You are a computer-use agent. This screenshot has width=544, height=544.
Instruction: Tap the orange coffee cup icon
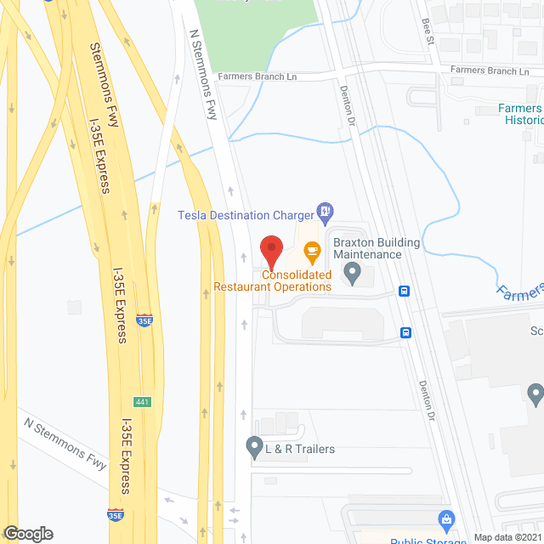(x=312, y=250)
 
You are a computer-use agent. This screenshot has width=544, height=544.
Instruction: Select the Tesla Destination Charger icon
(x=324, y=211)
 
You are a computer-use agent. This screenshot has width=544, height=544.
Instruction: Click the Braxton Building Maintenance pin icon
(x=352, y=273)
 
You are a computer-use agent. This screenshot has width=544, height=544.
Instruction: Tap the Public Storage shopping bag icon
(x=445, y=518)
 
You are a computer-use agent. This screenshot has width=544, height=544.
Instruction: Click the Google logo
(x=28, y=534)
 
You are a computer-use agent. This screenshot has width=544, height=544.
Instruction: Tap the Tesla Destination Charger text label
(x=245, y=215)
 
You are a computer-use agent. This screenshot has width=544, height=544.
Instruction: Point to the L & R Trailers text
(x=301, y=449)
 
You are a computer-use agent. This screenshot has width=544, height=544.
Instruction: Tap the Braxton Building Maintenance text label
(x=377, y=249)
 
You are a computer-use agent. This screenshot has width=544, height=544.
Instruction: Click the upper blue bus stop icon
(x=405, y=292)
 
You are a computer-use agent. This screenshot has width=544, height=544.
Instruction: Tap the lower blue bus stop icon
(x=406, y=332)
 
